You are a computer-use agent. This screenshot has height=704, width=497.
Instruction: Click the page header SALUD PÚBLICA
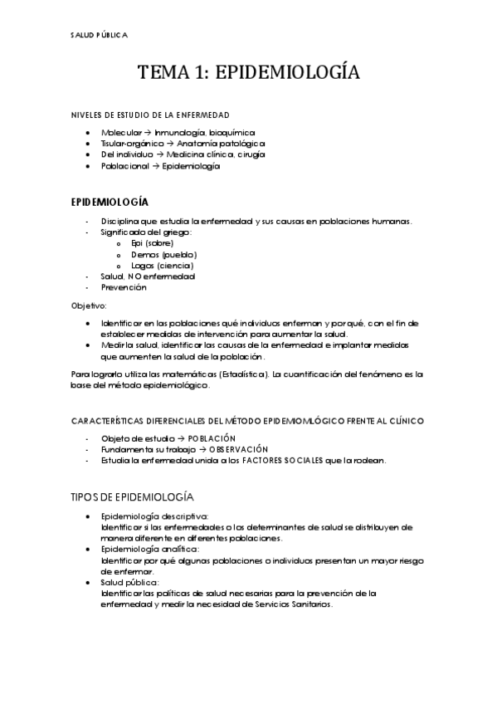(x=99, y=35)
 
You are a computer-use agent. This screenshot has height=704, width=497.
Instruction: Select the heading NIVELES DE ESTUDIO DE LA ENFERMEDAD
(x=149, y=115)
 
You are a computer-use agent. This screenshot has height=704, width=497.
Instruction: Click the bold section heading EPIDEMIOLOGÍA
(x=110, y=202)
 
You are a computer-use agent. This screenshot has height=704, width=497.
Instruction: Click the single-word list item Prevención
(x=124, y=287)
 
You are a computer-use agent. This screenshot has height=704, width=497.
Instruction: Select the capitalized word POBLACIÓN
(x=212, y=438)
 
